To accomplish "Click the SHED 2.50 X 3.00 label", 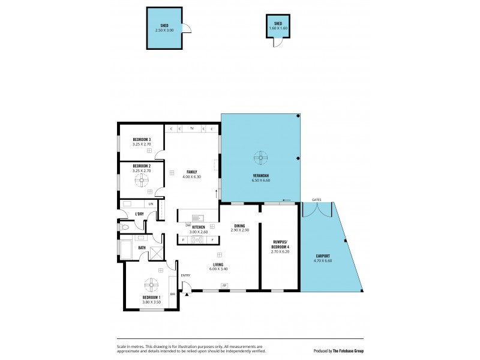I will point(164,27).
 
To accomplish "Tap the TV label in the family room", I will point(191,129).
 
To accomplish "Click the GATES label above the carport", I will point(316,199).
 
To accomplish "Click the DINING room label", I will point(239,227).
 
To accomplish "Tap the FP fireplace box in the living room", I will point(224,285).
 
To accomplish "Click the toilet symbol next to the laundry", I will point(124,228).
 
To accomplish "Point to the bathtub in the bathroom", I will point(127,248).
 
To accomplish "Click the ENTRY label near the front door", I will point(185,275).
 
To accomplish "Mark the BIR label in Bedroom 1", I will point(173,294).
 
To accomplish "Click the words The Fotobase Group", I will point(351,351).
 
